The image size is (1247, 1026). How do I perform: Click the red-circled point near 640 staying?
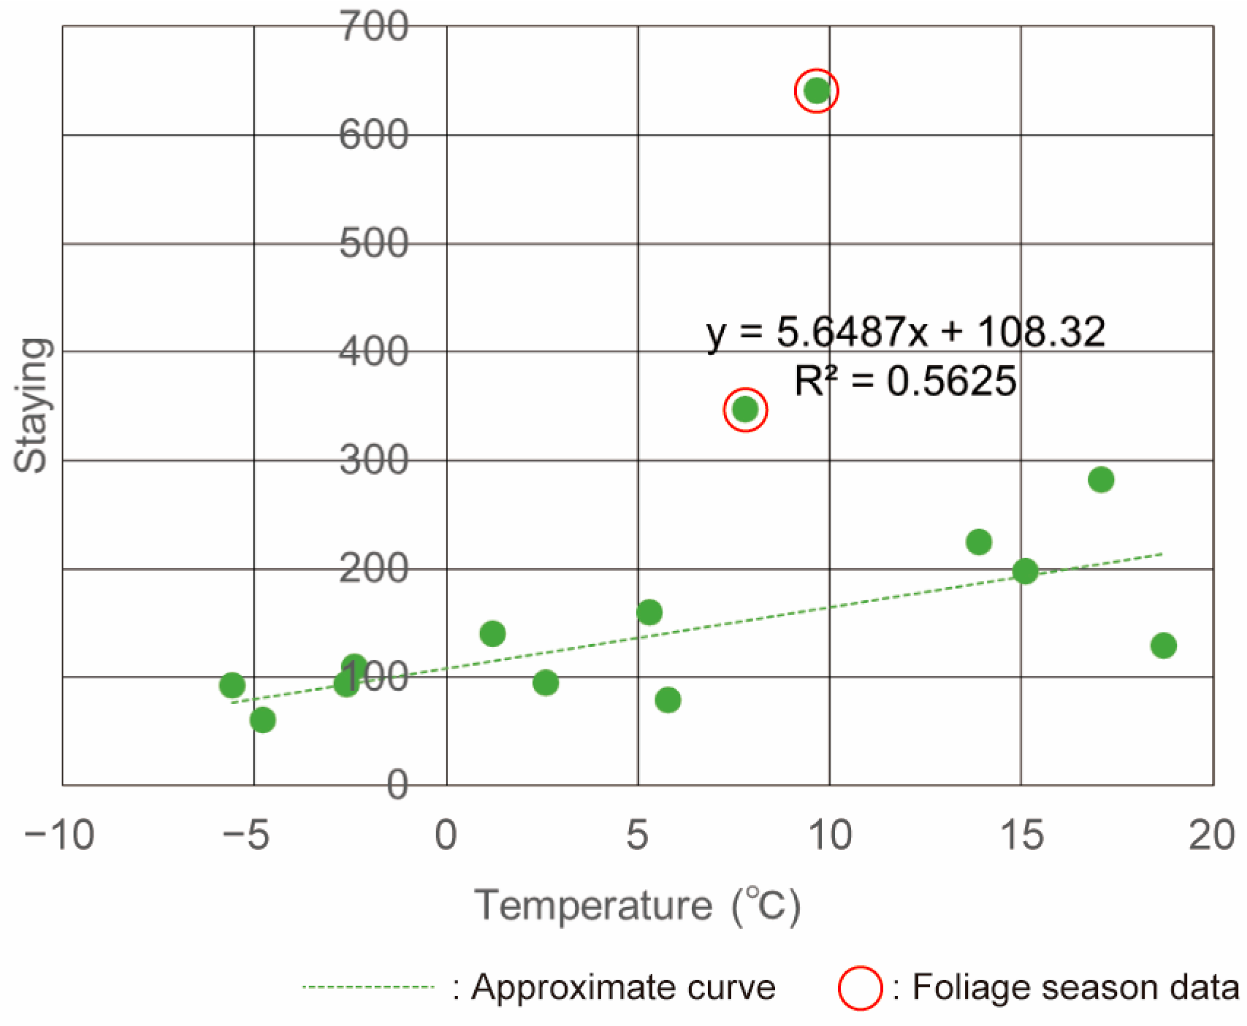[816, 91]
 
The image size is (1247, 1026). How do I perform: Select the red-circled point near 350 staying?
[745, 409]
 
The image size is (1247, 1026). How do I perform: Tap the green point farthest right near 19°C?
[1163, 646]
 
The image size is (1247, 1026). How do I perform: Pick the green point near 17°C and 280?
[1100, 480]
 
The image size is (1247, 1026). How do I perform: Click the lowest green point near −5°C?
[262, 720]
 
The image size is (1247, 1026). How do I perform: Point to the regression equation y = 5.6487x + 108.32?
[905, 332]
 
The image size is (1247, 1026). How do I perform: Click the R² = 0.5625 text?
[905, 381]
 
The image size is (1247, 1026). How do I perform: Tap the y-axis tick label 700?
[373, 28]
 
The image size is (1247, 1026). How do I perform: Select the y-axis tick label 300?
[373, 461]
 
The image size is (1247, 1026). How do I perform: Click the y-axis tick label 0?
[397, 786]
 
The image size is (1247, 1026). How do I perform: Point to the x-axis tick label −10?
[60, 835]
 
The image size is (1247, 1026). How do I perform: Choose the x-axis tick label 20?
[1211, 835]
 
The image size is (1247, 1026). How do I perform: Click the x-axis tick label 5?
[637, 835]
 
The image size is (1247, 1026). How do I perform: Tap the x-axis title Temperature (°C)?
[637, 906]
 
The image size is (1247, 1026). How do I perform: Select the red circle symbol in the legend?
[860, 988]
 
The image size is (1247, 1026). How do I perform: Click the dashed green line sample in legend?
[369, 987]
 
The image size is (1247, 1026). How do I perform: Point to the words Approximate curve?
[622, 987]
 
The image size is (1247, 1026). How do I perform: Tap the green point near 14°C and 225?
[978, 542]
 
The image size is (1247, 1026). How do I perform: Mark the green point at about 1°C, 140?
[492, 633]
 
